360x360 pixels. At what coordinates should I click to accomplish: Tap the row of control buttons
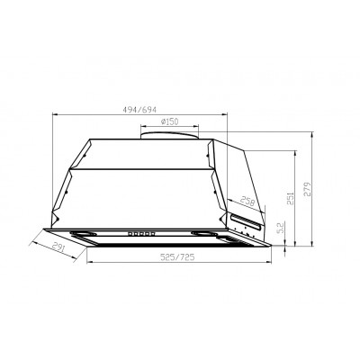(x=142, y=233)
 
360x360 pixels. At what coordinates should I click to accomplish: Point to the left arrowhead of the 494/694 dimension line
(x=57, y=114)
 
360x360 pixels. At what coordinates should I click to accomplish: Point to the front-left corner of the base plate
(x=88, y=251)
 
